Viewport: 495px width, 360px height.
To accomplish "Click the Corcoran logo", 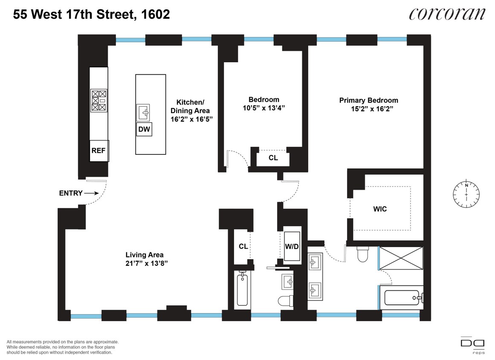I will (447, 14).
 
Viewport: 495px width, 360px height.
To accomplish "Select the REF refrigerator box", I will (98, 151).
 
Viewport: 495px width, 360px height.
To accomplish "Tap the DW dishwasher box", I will (144, 129).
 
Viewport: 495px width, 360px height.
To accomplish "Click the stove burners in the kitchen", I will (98, 101).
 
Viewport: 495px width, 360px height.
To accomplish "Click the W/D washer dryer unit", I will (292, 246).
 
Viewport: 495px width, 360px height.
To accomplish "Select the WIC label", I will (379, 209).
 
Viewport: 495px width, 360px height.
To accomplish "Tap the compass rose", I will (466, 194).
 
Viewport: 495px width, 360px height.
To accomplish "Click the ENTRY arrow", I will (91, 193).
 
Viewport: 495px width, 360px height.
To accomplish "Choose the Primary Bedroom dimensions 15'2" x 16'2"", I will (369, 109).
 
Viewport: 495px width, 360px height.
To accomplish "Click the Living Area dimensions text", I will (145, 263).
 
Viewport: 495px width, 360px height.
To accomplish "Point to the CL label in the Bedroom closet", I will (273, 158).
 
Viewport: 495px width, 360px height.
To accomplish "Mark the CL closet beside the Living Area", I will (243, 246).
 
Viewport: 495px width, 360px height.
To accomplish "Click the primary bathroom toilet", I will (363, 255).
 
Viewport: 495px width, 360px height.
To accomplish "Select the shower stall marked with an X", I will (401, 258).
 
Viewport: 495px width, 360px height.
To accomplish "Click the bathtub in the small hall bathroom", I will (242, 290).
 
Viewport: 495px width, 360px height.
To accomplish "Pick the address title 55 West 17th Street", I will (91, 15).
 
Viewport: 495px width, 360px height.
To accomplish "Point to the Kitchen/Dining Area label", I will (191, 110).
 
